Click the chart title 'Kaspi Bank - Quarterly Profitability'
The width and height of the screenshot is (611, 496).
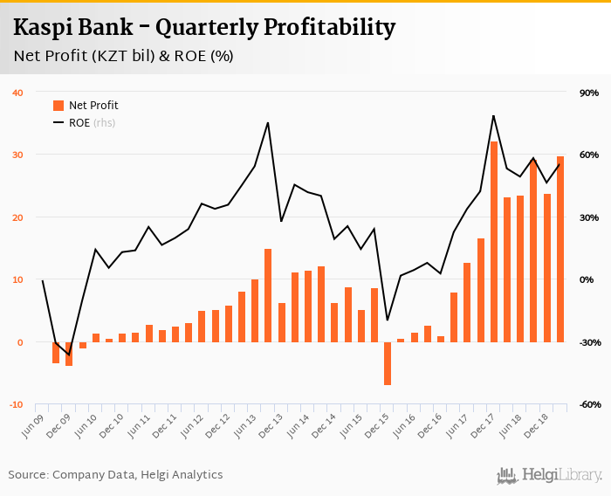(x=204, y=28)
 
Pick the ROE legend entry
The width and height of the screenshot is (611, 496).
(x=84, y=123)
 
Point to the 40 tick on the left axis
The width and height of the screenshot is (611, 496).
(x=17, y=93)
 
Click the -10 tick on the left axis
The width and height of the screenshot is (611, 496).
(x=17, y=404)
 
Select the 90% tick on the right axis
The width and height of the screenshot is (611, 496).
(x=587, y=93)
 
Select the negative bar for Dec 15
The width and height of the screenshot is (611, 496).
(x=388, y=363)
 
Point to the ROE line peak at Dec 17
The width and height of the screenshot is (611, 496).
(x=494, y=115)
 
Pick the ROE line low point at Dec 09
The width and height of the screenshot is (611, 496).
(x=69, y=355)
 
